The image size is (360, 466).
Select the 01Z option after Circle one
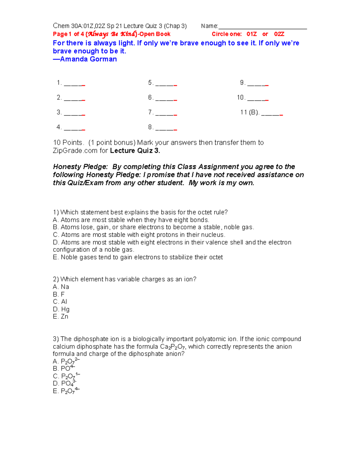point(251,34)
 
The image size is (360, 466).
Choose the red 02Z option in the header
point(279,34)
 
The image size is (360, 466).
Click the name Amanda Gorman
point(88,59)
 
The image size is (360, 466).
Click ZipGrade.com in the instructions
point(75,151)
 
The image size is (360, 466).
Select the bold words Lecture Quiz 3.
point(135,151)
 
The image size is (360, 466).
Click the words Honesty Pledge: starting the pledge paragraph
point(80,167)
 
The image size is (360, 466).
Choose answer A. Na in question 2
point(61,287)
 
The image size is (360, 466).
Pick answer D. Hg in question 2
point(61,309)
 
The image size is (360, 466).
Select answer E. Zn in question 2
point(61,317)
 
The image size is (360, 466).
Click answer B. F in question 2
point(59,294)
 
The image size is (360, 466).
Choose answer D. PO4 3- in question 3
point(64,383)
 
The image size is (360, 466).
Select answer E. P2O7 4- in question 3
point(66,391)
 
